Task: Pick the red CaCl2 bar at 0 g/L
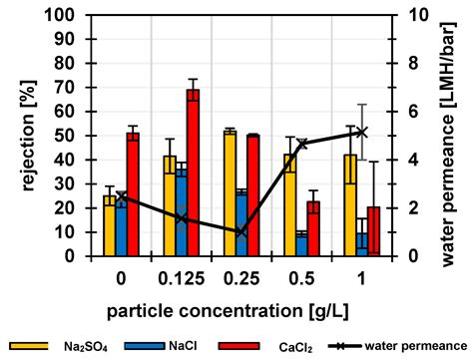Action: click(x=133, y=193)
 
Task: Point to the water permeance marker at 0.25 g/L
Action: click(x=240, y=232)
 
